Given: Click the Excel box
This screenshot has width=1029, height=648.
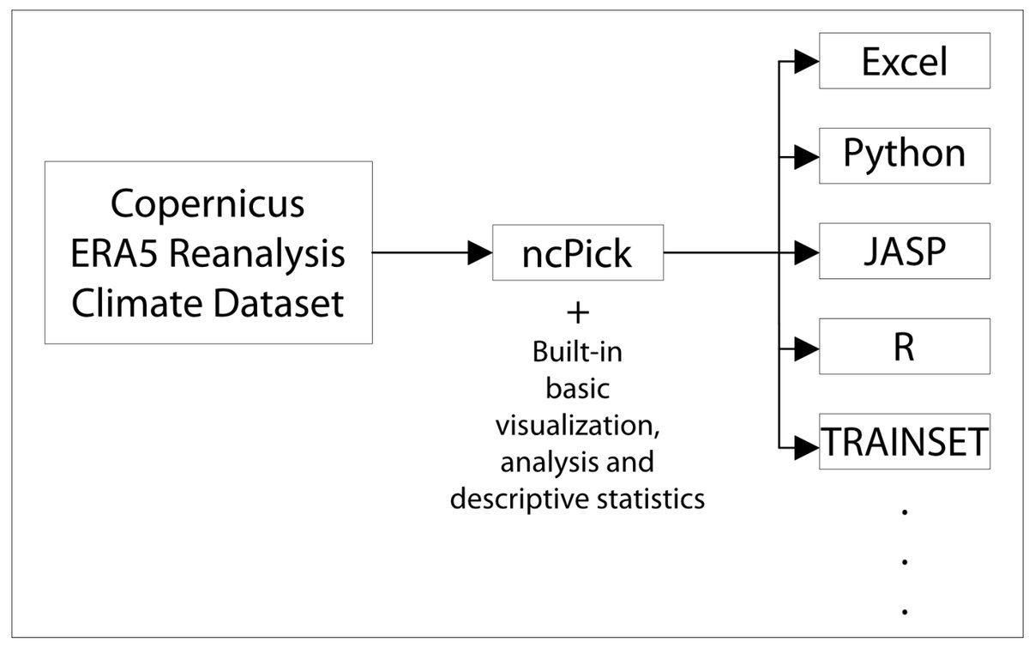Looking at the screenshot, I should [905, 61].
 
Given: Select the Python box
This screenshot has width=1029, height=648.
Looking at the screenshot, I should [905, 155].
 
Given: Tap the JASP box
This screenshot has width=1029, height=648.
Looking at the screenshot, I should [905, 251].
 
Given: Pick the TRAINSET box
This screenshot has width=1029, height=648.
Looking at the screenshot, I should [905, 441].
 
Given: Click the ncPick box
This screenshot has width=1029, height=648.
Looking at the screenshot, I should [578, 252].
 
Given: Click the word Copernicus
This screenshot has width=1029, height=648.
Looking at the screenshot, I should [208, 205].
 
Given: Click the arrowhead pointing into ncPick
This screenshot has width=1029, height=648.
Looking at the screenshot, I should [478, 252].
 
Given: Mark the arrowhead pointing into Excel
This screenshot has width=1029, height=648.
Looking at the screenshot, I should [806, 62].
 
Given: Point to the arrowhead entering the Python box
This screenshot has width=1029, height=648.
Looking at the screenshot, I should [806, 157].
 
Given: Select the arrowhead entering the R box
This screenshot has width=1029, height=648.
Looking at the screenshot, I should [806, 348].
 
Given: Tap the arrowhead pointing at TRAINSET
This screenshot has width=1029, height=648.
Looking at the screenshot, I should [806, 445].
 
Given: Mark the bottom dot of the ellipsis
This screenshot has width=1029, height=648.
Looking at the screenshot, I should [905, 612].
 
